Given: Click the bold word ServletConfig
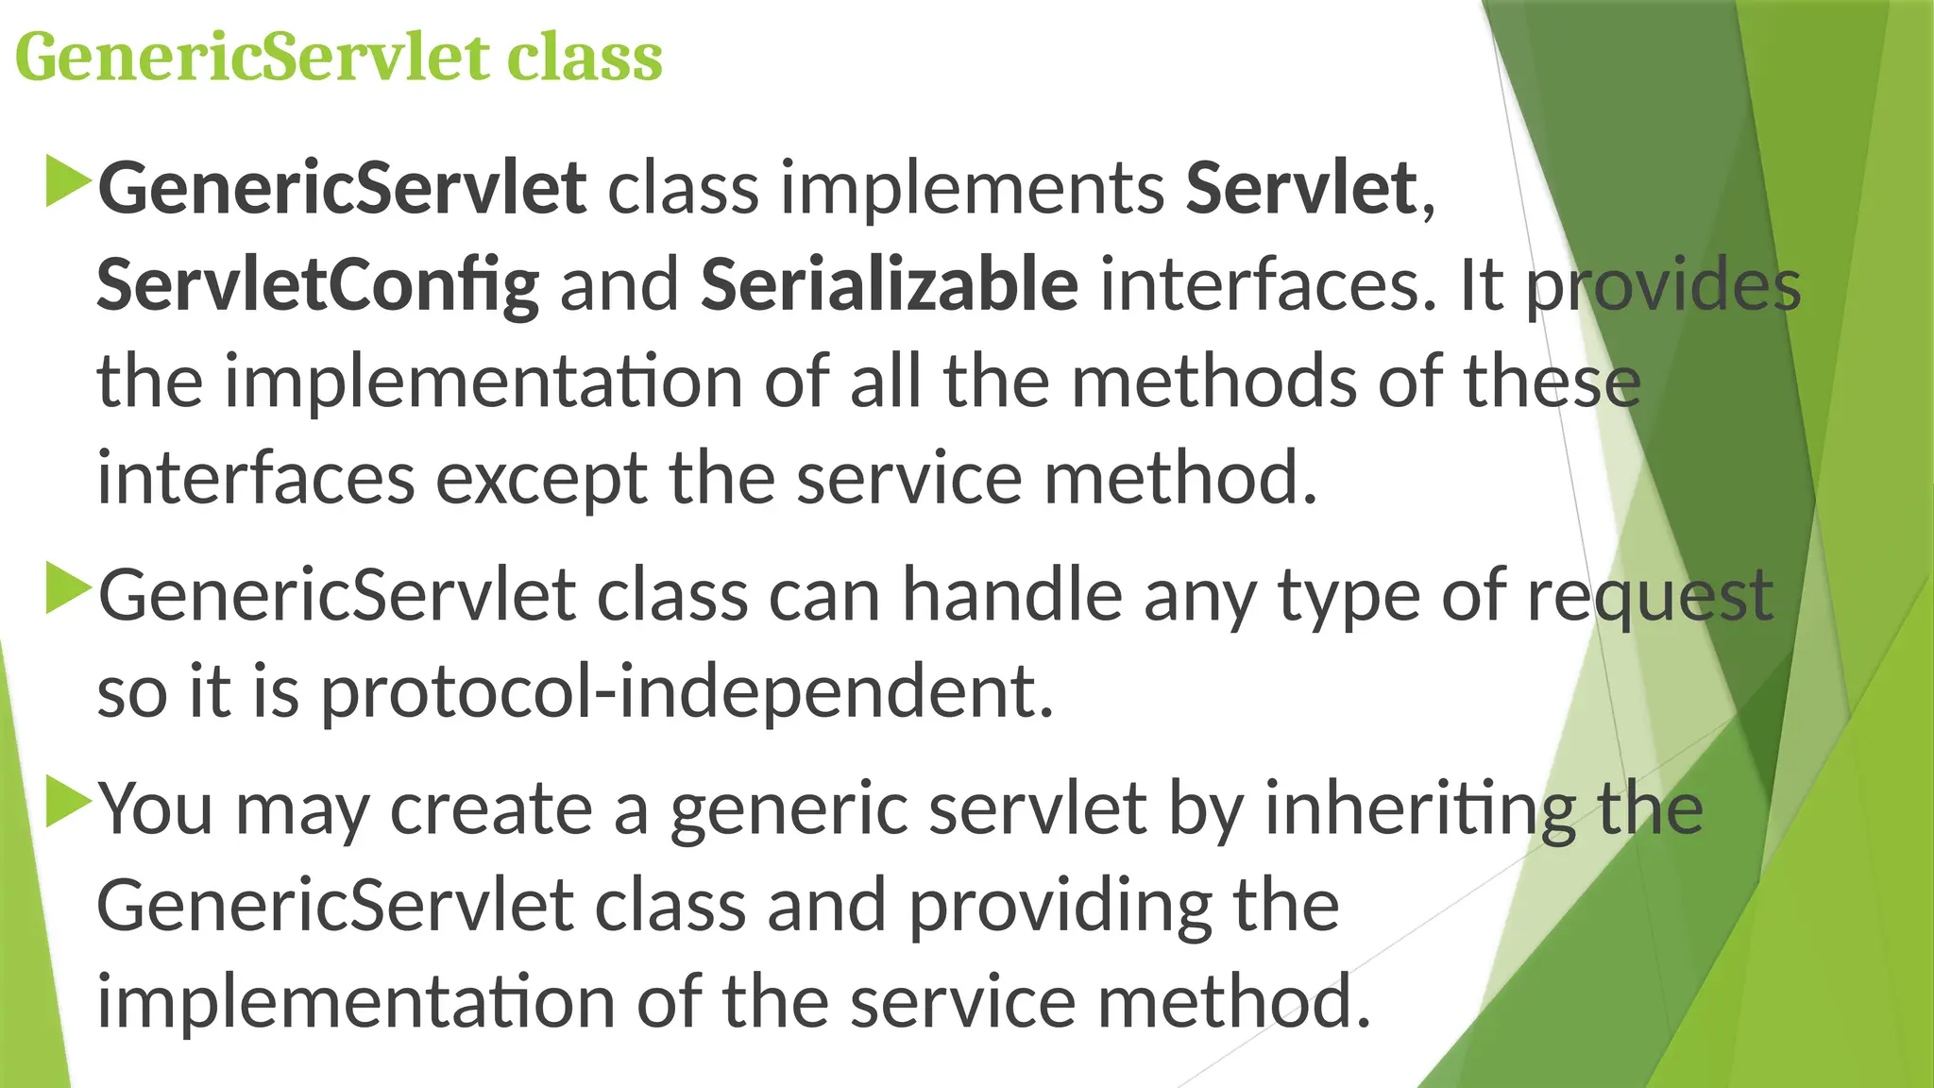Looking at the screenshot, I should point(318,285).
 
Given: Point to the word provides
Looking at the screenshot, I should point(1663,285).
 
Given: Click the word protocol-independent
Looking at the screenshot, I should point(687,692).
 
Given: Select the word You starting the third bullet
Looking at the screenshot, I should point(156,809).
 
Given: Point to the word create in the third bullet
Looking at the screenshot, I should point(491,809).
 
